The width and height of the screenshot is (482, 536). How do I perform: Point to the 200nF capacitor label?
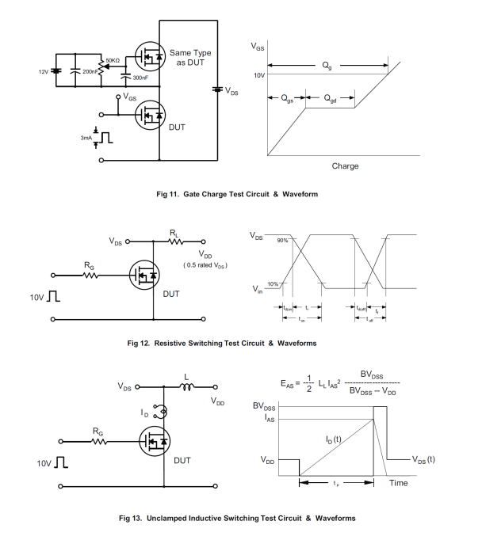(x=90, y=71)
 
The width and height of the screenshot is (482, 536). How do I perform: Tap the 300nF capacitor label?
(x=140, y=78)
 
